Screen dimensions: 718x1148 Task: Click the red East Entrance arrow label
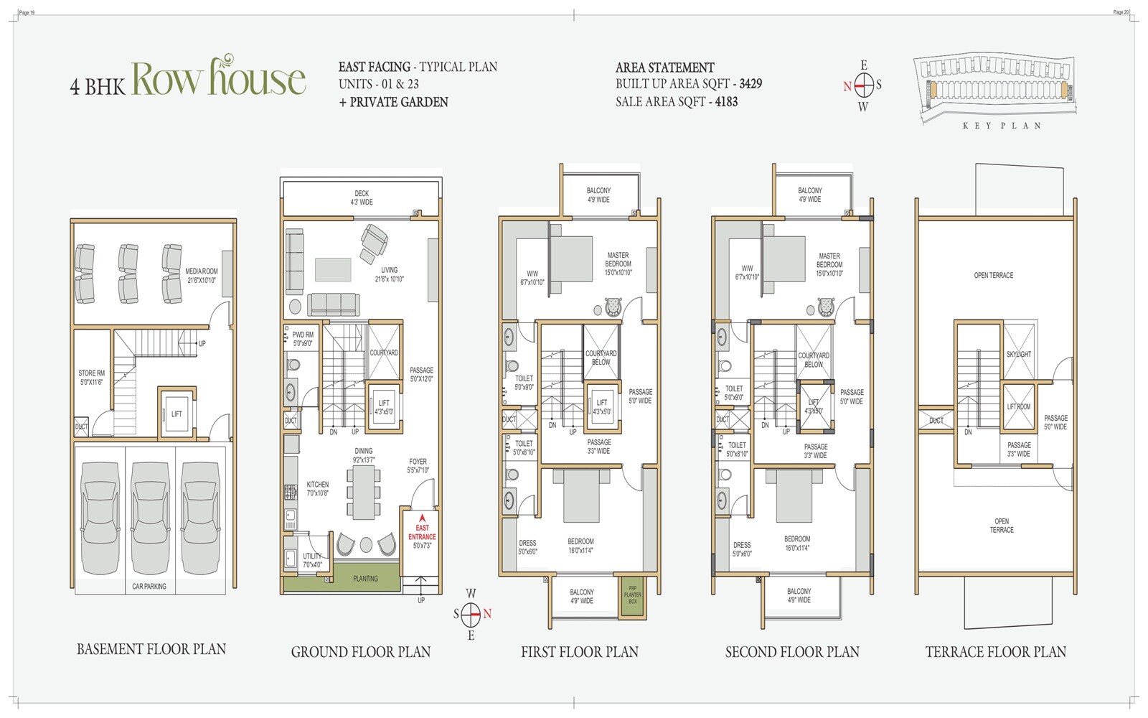(422, 532)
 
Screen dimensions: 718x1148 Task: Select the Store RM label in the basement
(91, 378)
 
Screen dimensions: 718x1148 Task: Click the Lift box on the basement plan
(177, 414)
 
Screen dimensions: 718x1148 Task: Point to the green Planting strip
(364, 578)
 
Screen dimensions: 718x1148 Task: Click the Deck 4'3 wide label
(362, 197)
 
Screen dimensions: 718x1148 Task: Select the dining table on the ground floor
(364, 492)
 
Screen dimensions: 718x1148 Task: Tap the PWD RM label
(303, 339)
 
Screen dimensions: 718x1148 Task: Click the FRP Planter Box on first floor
(632, 595)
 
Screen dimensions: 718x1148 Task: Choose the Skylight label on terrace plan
(1018, 354)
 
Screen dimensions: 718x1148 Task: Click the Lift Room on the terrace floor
(1018, 407)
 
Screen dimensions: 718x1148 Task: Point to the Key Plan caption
(1002, 126)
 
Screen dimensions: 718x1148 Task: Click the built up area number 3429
(751, 84)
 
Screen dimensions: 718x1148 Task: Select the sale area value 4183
(726, 102)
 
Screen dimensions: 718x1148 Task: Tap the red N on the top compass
(847, 86)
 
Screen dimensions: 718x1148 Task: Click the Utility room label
(312, 560)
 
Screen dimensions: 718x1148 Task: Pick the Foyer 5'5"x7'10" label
(418, 466)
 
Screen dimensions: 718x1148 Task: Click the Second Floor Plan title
(792, 652)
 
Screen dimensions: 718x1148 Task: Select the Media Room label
(201, 276)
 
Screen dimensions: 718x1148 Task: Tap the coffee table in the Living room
(333, 269)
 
